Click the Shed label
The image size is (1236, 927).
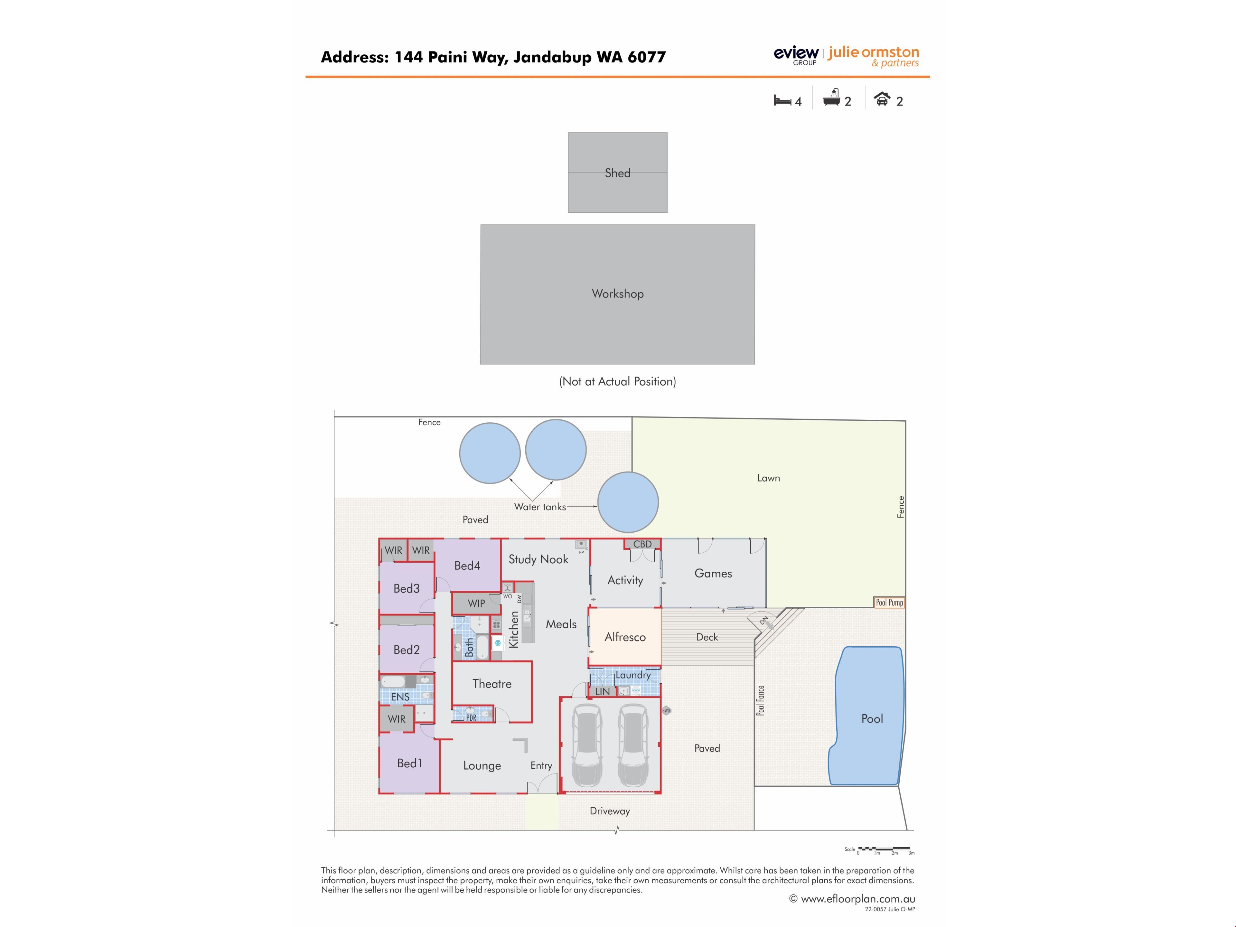[617, 173]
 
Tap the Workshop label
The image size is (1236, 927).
[617, 294]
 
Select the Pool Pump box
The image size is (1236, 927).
[889, 602]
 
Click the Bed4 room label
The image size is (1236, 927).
[467, 566]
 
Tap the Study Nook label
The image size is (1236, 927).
[538, 559]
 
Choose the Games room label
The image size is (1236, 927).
[713, 573]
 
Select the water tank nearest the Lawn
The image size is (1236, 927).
[628, 502]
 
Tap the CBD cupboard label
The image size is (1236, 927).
[642, 544]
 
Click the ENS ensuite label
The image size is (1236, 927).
[400, 697]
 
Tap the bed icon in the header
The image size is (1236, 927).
[782, 100]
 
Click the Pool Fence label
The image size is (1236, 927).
[761, 701]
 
